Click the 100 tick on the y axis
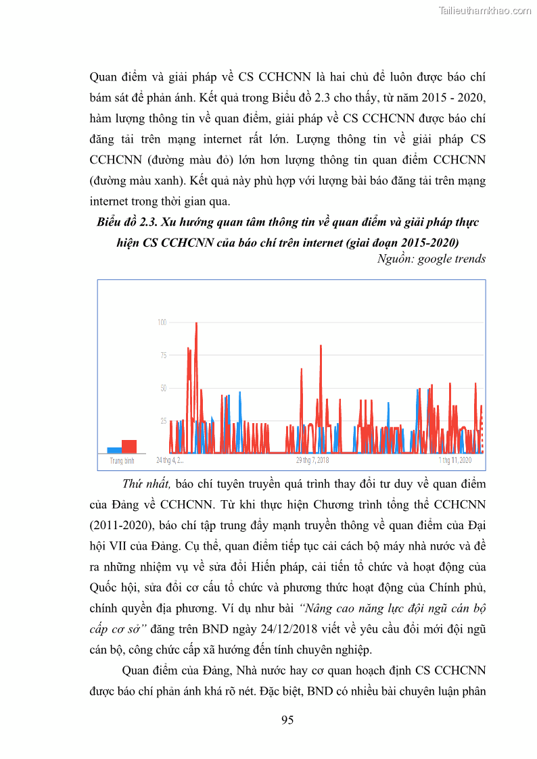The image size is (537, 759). click(162, 322)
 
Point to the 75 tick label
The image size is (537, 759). click(163, 355)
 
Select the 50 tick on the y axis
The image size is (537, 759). click(163, 388)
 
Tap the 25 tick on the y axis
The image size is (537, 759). click(163, 421)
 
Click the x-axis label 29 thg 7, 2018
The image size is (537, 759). click(312, 460)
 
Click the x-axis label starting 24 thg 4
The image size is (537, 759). click(170, 460)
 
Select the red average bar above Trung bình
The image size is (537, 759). click(129, 446)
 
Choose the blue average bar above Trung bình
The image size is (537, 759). click(114, 449)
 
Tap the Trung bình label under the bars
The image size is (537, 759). click(122, 460)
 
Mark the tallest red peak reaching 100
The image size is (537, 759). click(196, 324)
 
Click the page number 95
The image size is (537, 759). click(287, 720)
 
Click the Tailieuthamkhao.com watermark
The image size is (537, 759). click(485, 10)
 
